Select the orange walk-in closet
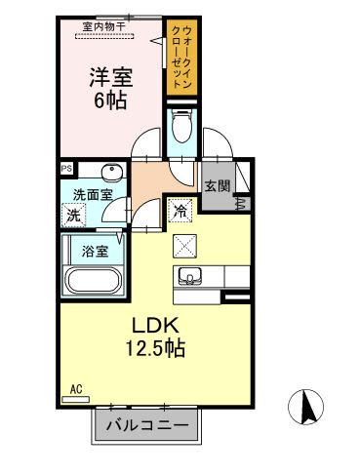coord(182,59)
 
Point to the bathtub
coord(95,282)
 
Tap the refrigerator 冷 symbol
coord(181,208)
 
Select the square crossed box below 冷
coord(184,245)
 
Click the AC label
coord(75,389)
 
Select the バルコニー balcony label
coord(151,425)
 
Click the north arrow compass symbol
coord(307,407)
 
